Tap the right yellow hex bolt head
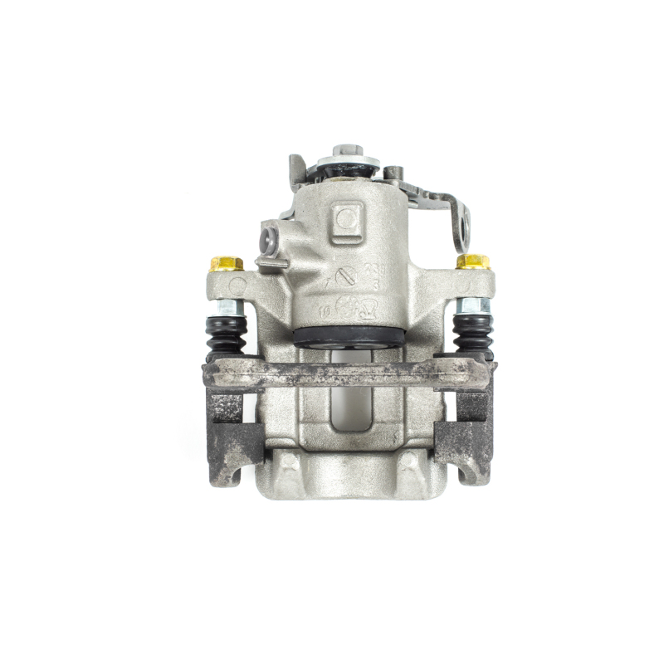tap(472, 262)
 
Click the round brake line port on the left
tap(269, 241)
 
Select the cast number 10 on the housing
tap(322, 310)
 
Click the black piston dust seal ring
tap(348, 335)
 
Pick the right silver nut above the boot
tap(473, 306)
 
